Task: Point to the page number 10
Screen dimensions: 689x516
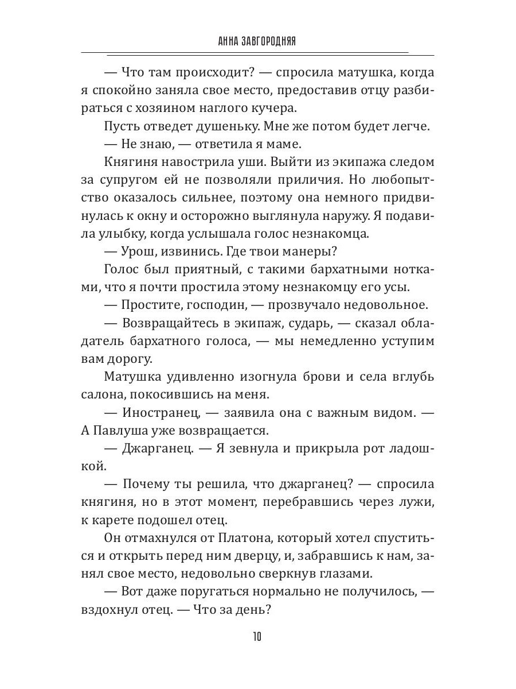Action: (x=257, y=637)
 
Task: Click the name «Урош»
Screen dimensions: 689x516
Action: (x=139, y=253)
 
